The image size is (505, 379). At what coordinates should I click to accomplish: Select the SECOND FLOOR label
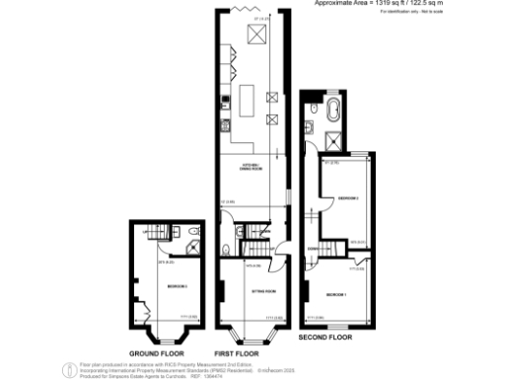(325, 338)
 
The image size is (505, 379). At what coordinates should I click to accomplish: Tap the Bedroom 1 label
(336, 294)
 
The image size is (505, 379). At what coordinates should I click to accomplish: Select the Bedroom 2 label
(347, 198)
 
